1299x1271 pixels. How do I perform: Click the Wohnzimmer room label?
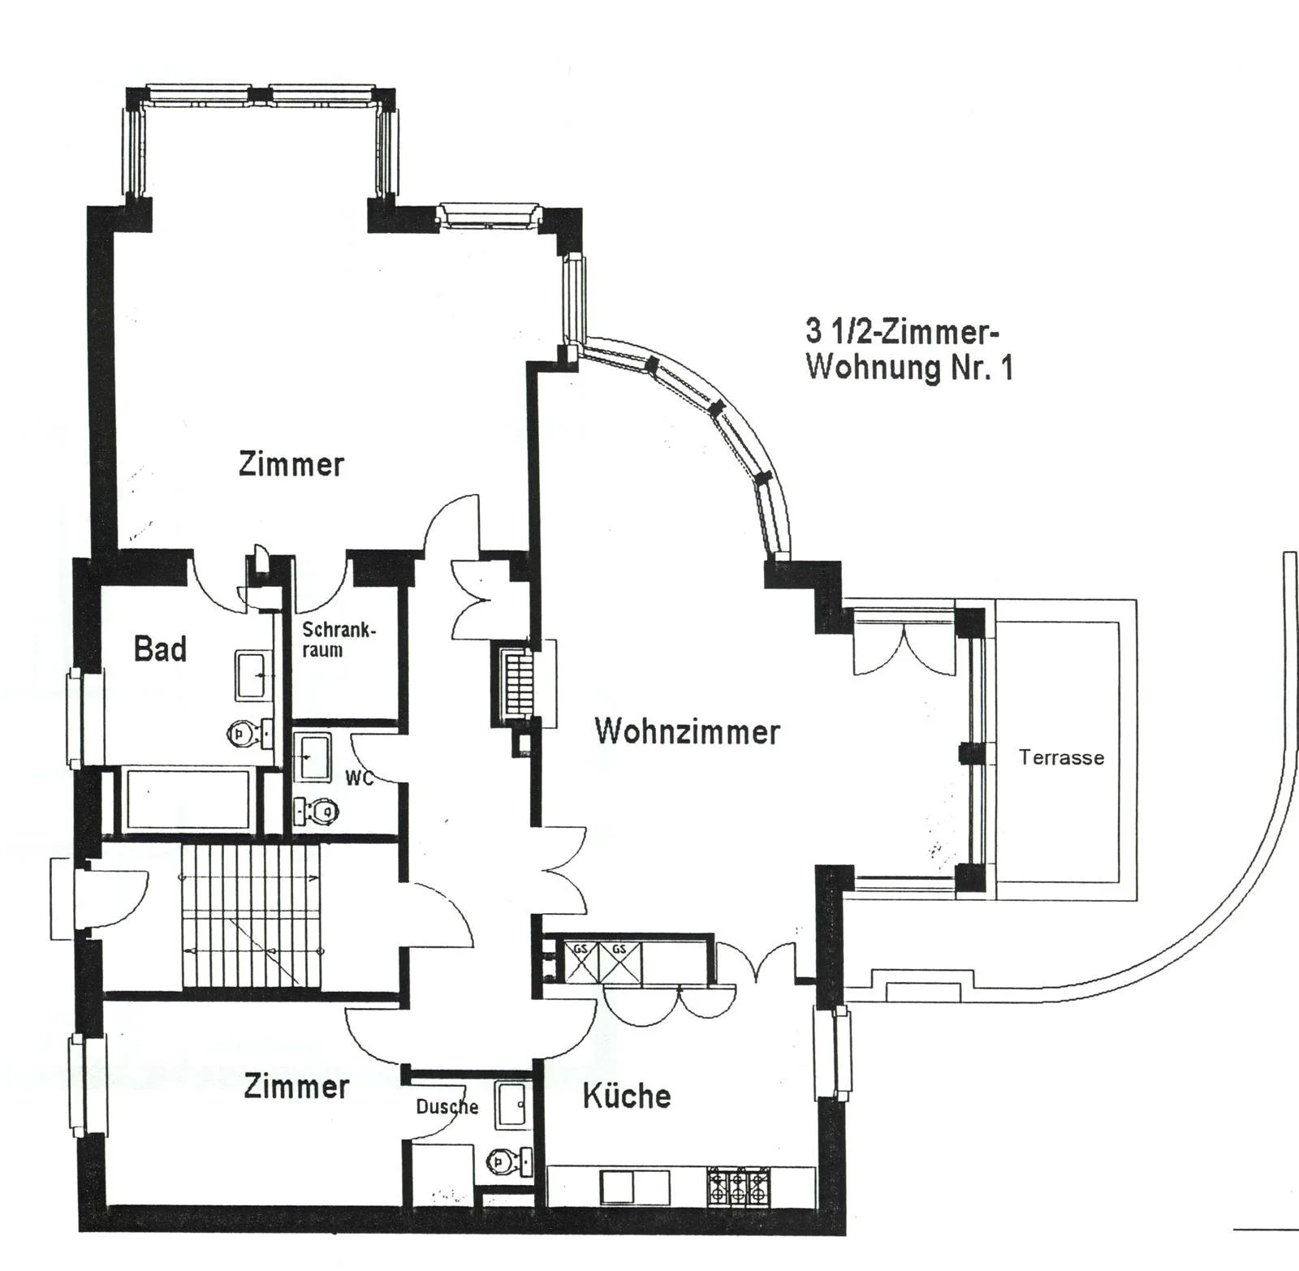(x=687, y=731)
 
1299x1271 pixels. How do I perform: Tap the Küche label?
(x=627, y=1097)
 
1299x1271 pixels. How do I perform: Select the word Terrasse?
(x=1061, y=758)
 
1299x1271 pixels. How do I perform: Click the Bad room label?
(x=160, y=649)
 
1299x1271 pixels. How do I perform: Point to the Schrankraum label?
(x=339, y=640)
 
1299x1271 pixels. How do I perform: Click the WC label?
(x=359, y=778)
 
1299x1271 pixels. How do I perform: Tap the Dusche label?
(x=447, y=1106)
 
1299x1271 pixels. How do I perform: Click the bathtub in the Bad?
(x=187, y=800)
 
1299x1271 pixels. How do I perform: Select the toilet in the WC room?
(x=319, y=810)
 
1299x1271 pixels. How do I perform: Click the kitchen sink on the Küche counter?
(x=635, y=1187)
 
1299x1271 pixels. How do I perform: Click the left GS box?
(x=580, y=963)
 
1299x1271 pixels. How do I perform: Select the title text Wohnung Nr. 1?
(x=909, y=368)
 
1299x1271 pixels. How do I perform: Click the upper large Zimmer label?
(x=291, y=464)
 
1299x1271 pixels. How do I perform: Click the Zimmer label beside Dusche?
(x=296, y=1086)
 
